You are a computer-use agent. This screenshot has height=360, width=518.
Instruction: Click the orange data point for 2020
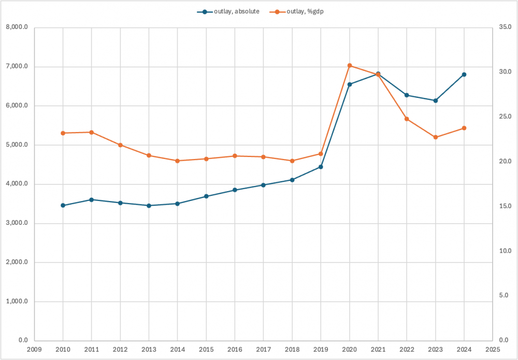(x=350, y=66)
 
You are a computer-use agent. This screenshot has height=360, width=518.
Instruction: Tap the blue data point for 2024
(x=464, y=75)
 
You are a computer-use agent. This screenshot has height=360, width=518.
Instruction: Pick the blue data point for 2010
(x=63, y=206)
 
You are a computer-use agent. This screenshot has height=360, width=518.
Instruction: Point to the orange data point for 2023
(x=436, y=137)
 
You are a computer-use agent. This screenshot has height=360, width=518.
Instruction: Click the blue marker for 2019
(x=321, y=167)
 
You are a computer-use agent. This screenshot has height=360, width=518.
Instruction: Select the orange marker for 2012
(x=120, y=145)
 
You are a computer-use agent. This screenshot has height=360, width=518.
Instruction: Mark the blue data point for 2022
(x=407, y=95)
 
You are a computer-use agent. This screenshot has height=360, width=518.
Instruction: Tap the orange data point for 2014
(x=177, y=161)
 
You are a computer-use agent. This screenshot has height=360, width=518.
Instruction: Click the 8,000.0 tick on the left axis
(x=17, y=27)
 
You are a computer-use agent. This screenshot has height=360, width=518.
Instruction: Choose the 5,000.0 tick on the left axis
(x=17, y=145)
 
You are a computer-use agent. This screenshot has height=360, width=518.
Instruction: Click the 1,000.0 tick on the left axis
(x=17, y=302)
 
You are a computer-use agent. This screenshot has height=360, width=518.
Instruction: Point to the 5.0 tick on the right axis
(x=503, y=296)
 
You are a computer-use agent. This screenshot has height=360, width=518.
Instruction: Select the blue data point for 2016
(x=235, y=190)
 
